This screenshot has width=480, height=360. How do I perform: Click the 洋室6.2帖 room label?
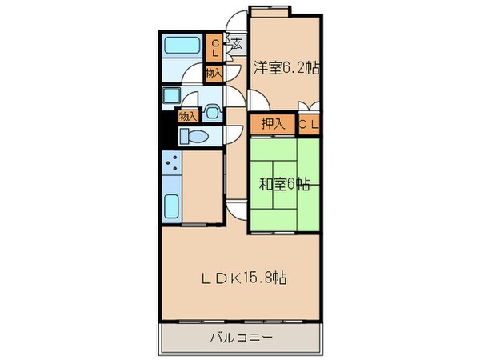(287, 68)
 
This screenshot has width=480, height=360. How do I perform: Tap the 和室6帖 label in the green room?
(284, 185)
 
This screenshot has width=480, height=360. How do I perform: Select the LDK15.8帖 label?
(246, 279)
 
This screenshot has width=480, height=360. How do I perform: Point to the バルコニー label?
(242, 338)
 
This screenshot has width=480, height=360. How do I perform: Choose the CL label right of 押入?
(310, 124)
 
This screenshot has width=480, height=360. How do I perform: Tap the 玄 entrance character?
(237, 45)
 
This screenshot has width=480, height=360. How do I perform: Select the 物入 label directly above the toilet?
(187, 116)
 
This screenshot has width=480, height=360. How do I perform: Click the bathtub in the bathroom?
(184, 46)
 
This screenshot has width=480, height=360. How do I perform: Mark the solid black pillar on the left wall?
(166, 128)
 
